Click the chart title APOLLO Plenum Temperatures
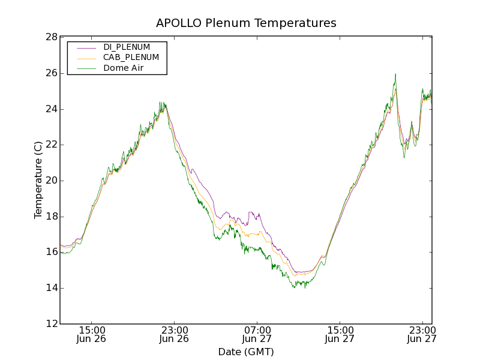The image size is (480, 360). point(246,23)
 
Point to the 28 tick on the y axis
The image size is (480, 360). point(51,37)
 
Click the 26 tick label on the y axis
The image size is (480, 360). point(51,73)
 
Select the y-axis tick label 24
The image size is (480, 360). point(51,109)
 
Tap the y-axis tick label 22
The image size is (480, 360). point(51,145)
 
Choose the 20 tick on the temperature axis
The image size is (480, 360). point(51,181)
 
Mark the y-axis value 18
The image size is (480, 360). point(51,217)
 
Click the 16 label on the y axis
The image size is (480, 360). point(51,253)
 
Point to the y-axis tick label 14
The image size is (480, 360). point(51,288)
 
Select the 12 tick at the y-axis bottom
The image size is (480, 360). point(51,324)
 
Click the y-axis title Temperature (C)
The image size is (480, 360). point(38,180)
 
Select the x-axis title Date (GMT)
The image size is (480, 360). point(246,352)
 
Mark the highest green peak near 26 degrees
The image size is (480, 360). point(395,74)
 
